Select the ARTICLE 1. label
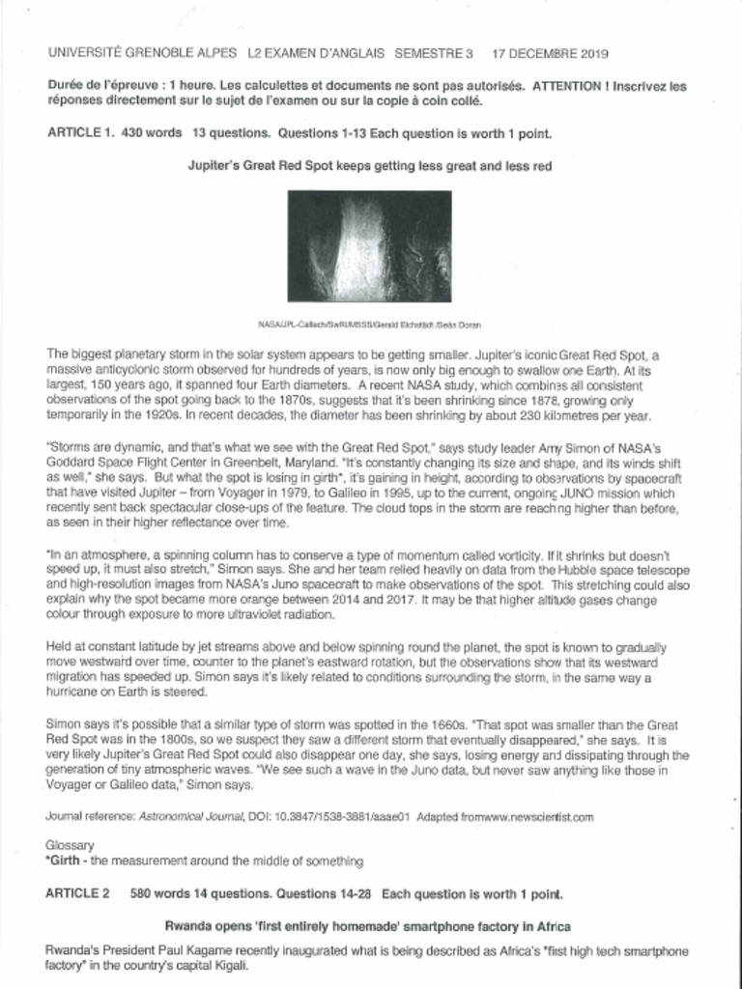click(x=79, y=133)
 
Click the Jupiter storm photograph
click(x=369, y=246)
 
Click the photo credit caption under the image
click(x=369, y=325)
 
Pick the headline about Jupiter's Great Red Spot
click(x=369, y=166)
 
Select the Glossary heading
click(x=70, y=844)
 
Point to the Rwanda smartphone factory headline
click(x=368, y=925)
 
